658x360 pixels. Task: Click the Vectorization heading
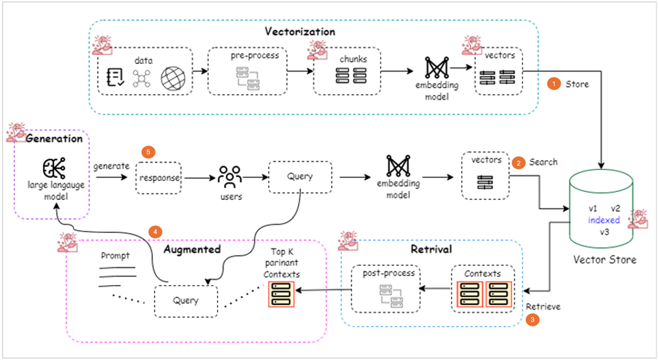click(x=300, y=32)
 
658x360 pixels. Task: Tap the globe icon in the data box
click(x=173, y=78)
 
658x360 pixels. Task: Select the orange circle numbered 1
click(x=553, y=84)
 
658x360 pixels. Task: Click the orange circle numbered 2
click(x=518, y=162)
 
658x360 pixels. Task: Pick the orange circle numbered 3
click(x=532, y=320)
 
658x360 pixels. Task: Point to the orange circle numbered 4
click(x=155, y=232)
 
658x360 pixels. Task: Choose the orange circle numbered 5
click(x=148, y=152)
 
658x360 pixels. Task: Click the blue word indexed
click(x=604, y=220)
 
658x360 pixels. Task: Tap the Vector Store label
click(x=604, y=260)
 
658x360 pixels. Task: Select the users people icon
click(x=230, y=177)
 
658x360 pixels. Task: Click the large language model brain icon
click(x=54, y=168)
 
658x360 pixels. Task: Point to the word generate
click(x=111, y=166)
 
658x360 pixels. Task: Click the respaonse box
click(x=159, y=178)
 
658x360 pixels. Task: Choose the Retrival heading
click(x=431, y=249)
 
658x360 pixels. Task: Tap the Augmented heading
click(x=192, y=249)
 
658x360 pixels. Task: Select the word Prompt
click(x=115, y=256)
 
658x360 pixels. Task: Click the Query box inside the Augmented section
click(x=186, y=301)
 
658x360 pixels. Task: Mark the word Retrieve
click(x=543, y=307)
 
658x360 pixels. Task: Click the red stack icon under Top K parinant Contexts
click(x=281, y=294)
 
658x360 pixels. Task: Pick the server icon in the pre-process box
click(x=248, y=78)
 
